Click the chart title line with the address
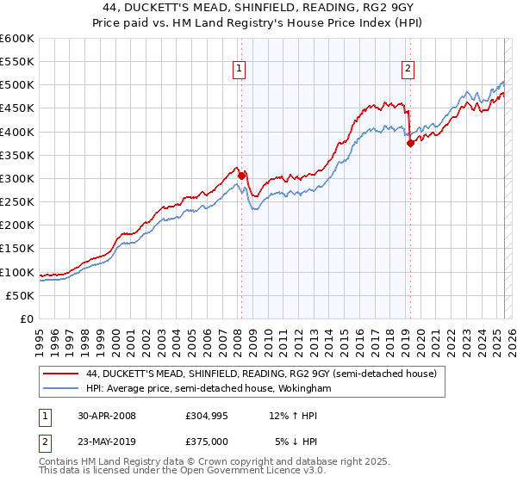pos(258,7)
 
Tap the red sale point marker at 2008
pos(242,176)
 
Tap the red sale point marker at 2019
pos(411,144)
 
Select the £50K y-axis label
pos(20,295)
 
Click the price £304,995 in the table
pos(207,416)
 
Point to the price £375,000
pos(207,442)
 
